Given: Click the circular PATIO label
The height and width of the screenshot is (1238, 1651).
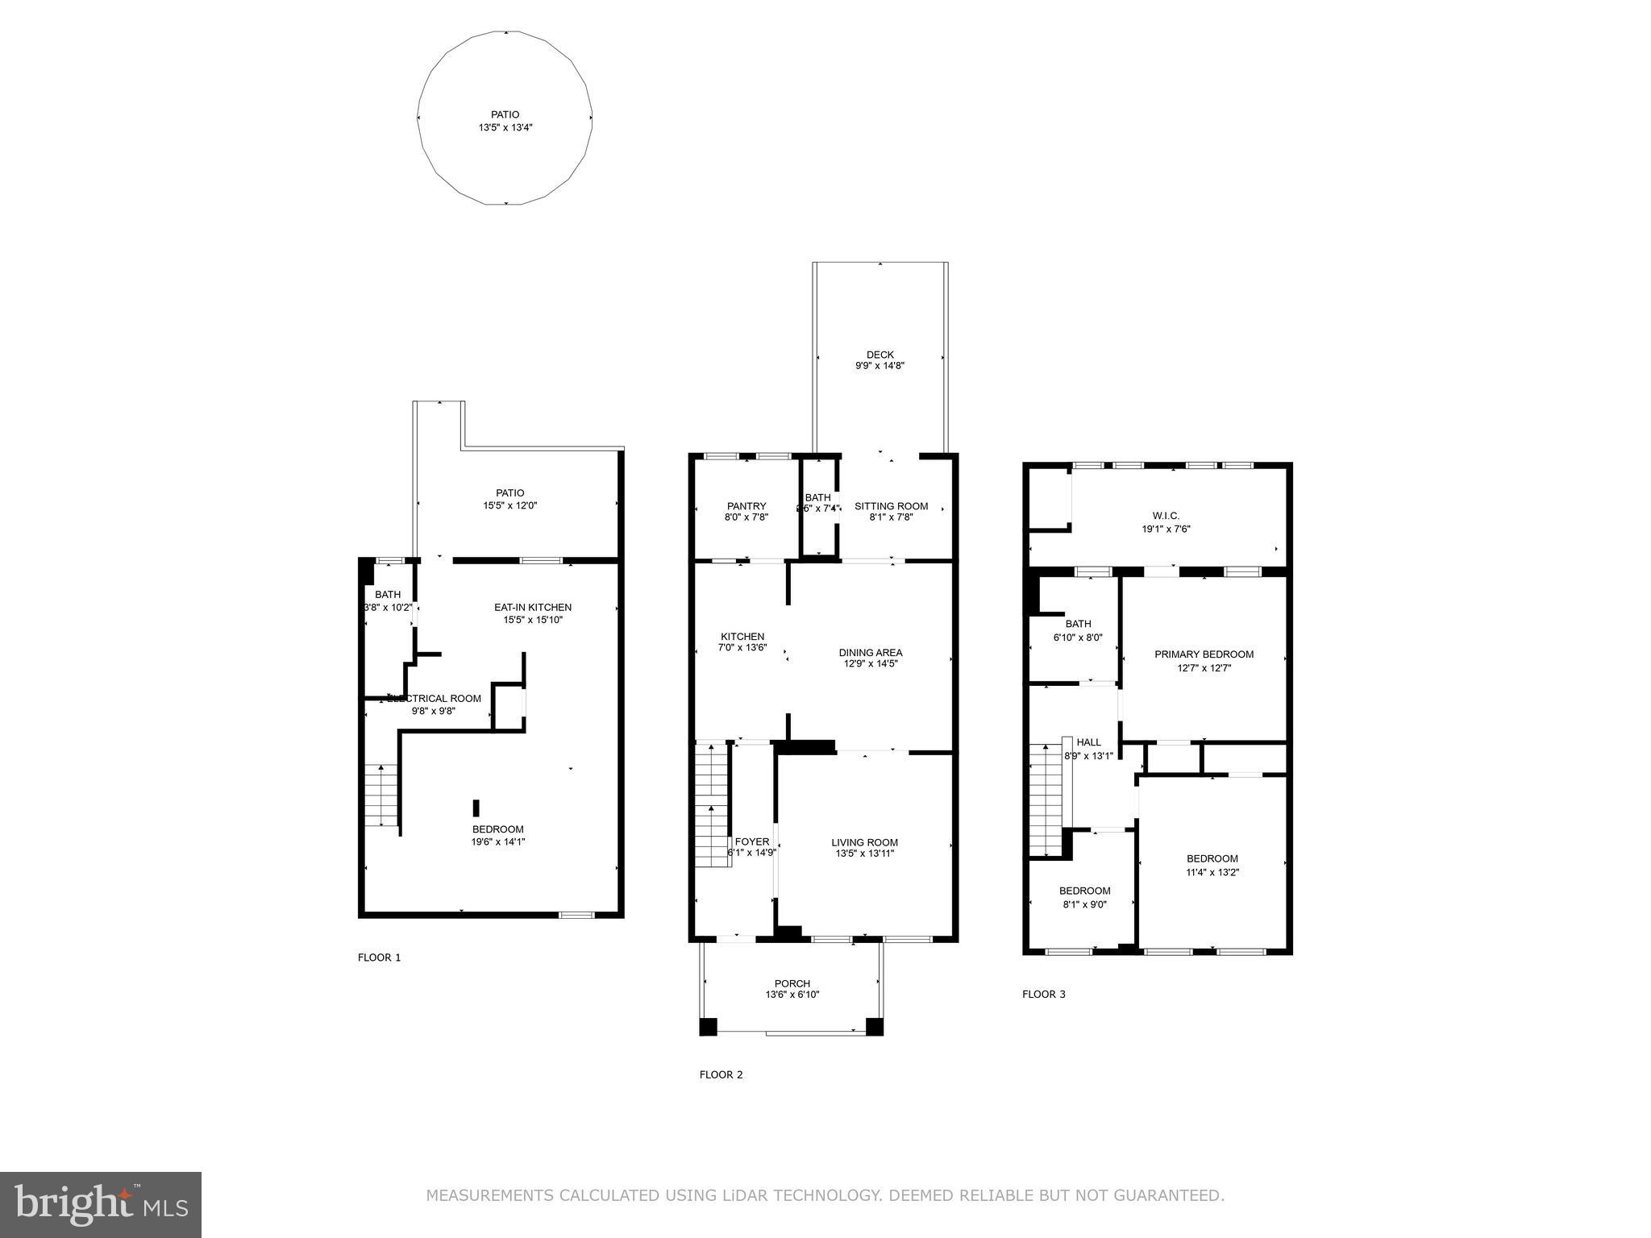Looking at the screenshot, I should tap(505, 114).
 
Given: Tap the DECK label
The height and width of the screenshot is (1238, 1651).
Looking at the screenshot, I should tap(880, 355).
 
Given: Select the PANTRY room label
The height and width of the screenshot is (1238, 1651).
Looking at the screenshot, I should tap(746, 506).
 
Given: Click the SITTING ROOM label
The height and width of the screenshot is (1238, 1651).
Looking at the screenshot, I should tap(891, 506).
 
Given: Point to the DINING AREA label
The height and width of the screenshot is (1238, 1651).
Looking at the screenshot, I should tap(870, 653).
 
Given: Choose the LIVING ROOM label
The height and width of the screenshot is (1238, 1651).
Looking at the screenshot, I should tap(864, 842).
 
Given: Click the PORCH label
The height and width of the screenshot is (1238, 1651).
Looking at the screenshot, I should tap(792, 983).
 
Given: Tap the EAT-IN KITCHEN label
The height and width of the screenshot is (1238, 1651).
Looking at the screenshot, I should tap(532, 607).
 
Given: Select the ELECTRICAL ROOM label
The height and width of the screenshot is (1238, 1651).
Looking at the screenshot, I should tap(435, 699).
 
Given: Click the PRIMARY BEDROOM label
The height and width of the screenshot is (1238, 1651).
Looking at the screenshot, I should tap(1204, 654).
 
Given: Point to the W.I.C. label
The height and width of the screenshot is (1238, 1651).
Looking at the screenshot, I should tap(1166, 516).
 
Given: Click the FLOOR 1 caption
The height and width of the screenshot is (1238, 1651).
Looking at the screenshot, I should tap(379, 958).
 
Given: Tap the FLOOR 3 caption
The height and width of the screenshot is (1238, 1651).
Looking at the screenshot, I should tap(1043, 994).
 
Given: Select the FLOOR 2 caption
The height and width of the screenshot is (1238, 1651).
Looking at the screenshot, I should tap(721, 1074).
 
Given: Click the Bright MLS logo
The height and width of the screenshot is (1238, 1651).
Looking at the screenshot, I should tap(101, 1204).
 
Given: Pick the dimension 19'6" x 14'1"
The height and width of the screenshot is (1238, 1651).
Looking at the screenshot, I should tap(498, 842).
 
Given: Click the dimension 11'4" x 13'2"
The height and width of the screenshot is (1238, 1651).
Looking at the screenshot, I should tap(1212, 872).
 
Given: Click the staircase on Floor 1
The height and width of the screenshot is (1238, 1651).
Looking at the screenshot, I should tap(381, 795).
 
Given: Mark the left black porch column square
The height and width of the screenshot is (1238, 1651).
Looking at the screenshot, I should tap(707, 1027).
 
